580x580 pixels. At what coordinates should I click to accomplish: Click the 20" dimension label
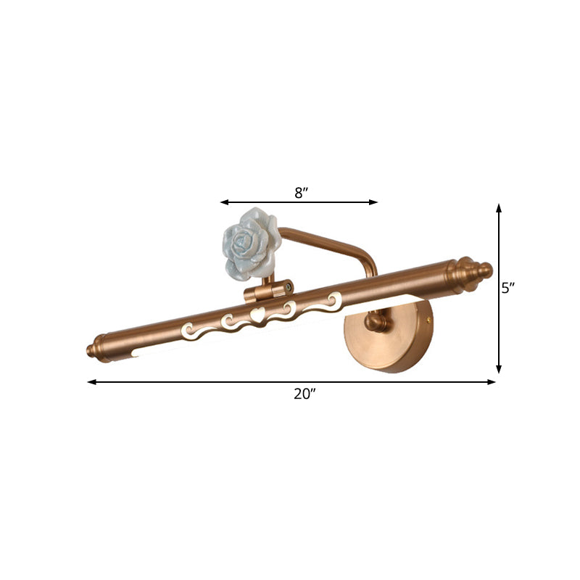[304, 394]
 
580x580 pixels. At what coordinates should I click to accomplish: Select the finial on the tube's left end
[96, 349]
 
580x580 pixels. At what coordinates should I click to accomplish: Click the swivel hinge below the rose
[269, 291]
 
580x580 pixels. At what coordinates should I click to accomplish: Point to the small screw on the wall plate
[431, 317]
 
